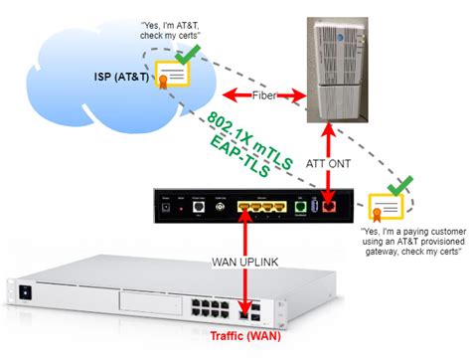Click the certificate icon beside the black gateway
tap(390, 206)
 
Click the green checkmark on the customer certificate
tap(401, 186)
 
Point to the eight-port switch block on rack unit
tap(232, 300)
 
